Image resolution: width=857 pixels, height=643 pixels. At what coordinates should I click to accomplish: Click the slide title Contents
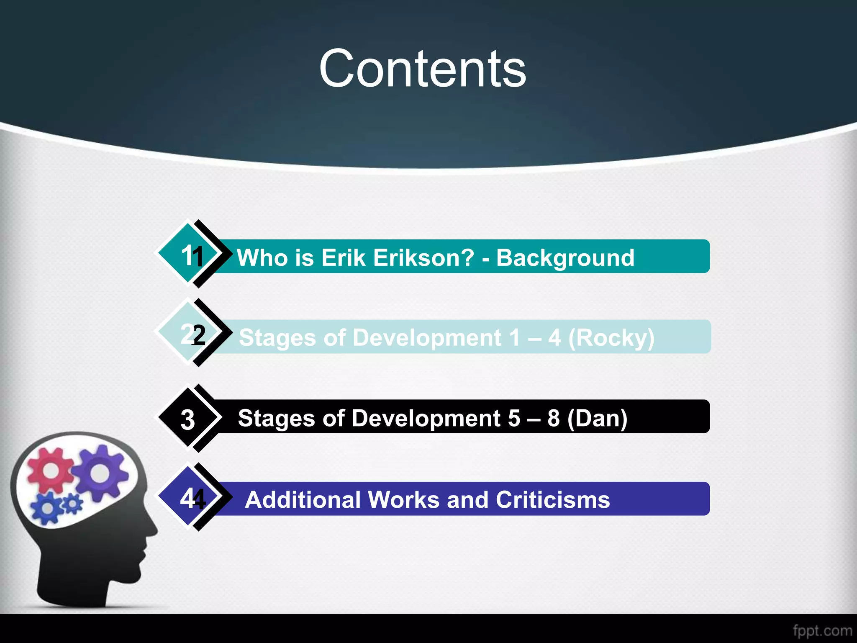tap(423, 69)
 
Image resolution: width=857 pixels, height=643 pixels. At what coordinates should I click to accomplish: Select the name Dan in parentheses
tap(598, 418)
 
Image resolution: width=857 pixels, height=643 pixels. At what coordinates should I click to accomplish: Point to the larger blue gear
tap(48, 508)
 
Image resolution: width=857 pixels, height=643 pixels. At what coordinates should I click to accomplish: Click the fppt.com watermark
tap(822, 630)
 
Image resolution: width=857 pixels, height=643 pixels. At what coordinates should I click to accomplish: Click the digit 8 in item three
tap(553, 418)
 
